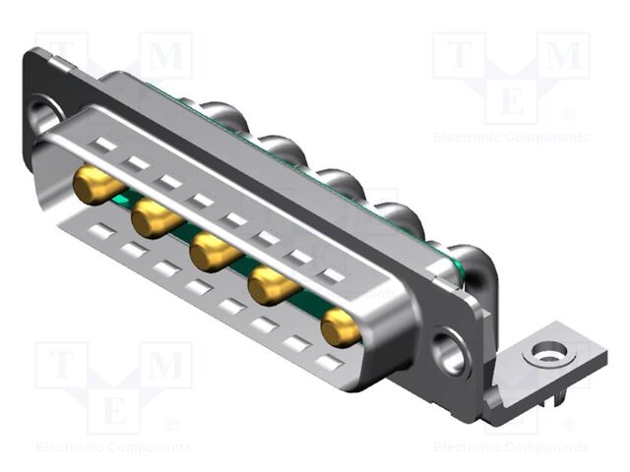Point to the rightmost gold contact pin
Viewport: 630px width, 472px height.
tap(340, 327)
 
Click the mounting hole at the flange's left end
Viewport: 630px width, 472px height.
tap(44, 111)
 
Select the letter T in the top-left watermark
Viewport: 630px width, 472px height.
tap(61, 55)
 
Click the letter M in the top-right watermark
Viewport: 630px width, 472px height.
tap(563, 55)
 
